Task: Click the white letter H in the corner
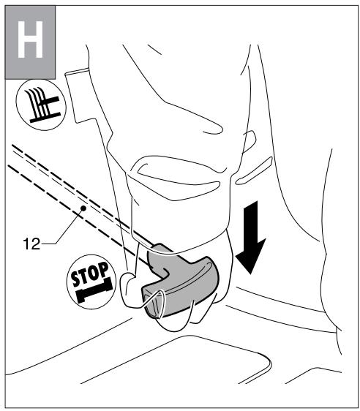[x=30, y=42]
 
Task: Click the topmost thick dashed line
[x=59, y=165]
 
